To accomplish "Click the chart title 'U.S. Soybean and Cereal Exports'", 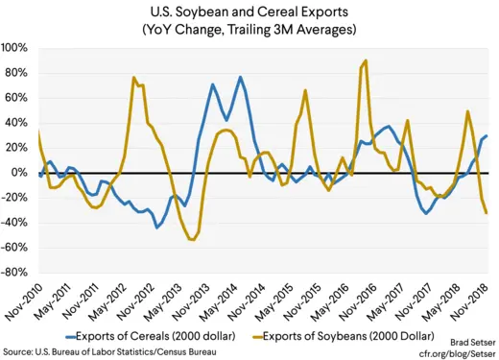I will click(249, 12).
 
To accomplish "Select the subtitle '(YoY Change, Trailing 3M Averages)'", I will click(249, 31).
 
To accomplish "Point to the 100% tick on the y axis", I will click(15, 48).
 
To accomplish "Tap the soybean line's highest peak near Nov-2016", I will click(366, 61).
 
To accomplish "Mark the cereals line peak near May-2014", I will click(240, 77).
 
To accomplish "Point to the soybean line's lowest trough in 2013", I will click(192, 240).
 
